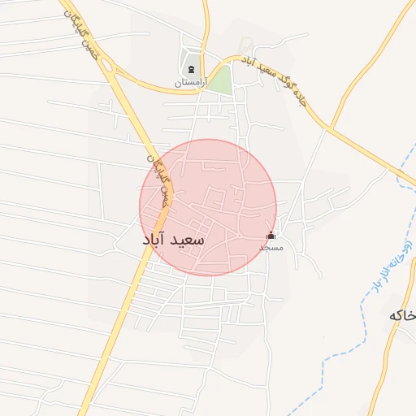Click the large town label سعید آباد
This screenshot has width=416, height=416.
pos(173,240)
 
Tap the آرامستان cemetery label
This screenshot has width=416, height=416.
pos(191,83)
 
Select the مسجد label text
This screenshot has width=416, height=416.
pos(271,246)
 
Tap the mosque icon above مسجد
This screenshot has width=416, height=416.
pos(271,236)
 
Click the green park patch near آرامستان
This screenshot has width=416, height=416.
pos(219,79)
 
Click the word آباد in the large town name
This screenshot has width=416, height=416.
pos(155,240)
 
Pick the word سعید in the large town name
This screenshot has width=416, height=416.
pos(189,241)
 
